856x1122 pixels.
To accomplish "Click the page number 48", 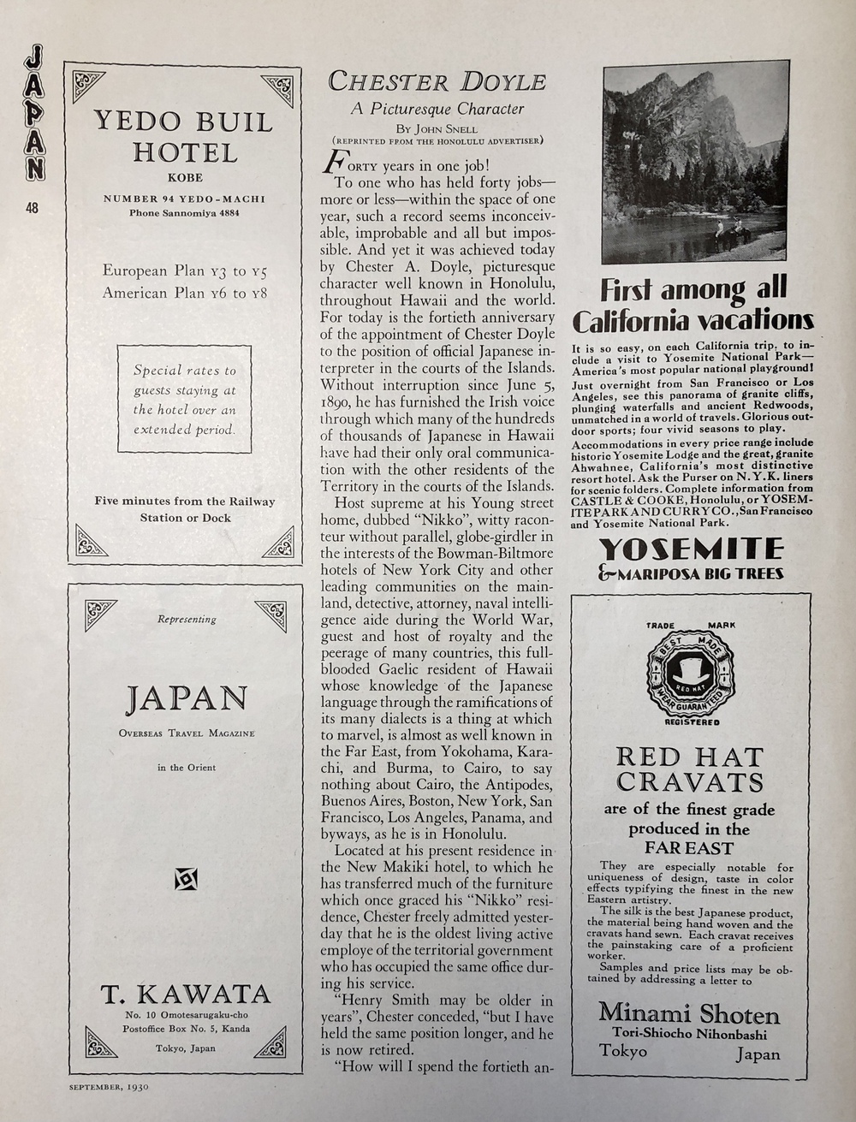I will (32, 207).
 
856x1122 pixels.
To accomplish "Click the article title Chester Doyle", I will (437, 82).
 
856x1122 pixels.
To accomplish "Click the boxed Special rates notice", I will (184, 399).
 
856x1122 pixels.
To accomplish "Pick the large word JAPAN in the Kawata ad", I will (186, 699).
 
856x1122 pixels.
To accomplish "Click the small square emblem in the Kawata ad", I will (187, 878).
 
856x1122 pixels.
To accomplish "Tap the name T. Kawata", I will (186, 994).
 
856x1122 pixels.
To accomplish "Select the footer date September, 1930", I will (109, 1088).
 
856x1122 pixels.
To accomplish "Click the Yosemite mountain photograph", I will (695, 162).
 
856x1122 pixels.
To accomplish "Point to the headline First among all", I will (693, 289).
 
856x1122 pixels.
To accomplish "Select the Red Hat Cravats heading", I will (690, 769).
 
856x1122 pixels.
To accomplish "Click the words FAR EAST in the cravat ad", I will (690, 848).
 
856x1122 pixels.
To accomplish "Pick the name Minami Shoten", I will (689, 1014).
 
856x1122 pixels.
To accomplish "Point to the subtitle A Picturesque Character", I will (437, 109).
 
